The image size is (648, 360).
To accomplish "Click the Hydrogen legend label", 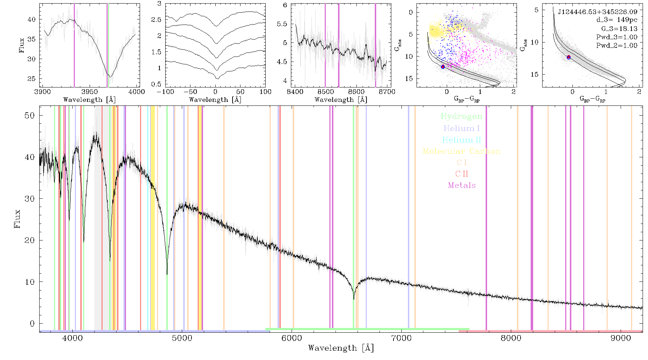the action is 462,116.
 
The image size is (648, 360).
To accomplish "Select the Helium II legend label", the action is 462,140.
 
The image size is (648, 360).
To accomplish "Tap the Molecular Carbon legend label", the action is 462,151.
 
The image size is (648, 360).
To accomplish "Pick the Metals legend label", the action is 462,185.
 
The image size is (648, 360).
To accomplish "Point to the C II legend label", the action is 462,174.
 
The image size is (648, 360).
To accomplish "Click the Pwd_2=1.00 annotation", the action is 617,45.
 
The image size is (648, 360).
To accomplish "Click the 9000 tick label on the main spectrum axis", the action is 621,338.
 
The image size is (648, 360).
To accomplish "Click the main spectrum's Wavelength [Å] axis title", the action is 341,348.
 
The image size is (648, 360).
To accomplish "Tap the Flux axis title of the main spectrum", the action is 17,219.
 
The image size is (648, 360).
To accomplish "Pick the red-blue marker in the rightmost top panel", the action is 569,57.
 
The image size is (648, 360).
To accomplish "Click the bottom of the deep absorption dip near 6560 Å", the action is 354,299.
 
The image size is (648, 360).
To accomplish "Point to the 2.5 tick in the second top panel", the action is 156,19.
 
